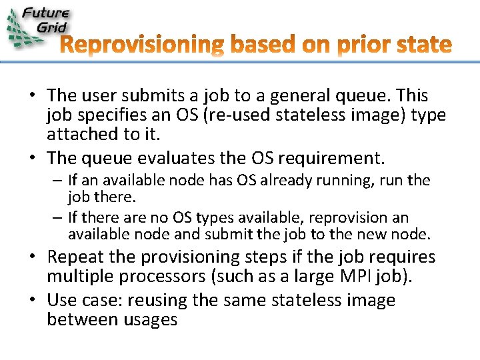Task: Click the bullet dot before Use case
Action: pos(32,301)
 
